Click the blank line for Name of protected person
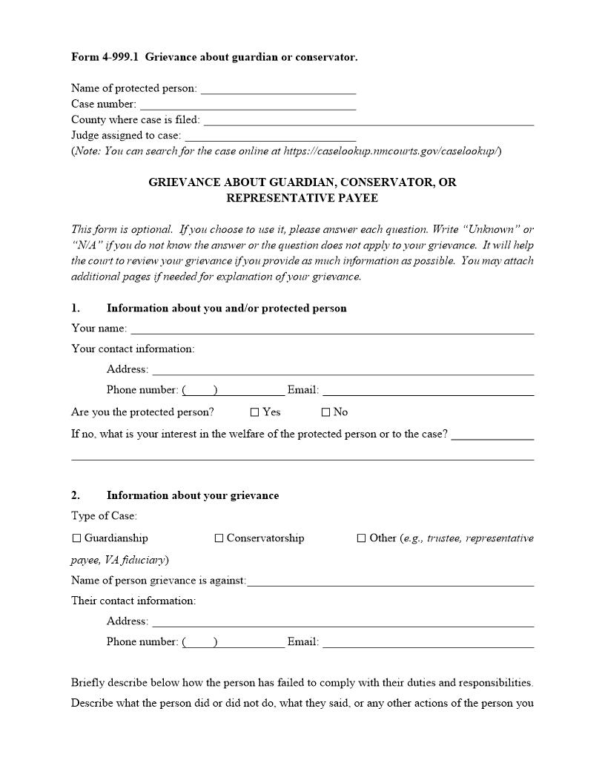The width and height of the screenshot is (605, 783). (x=278, y=89)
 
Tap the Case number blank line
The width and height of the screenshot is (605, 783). (x=248, y=105)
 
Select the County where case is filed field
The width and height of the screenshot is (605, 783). (x=368, y=120)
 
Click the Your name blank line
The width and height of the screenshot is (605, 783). (x=332, y=328)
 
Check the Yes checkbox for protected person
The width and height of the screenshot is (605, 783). (x=255, y=412)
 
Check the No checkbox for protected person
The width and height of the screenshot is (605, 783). (x=325, y=412)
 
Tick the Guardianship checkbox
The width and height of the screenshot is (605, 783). (x=76, y=538)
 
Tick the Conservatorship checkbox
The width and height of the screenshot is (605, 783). (x=219, y=538)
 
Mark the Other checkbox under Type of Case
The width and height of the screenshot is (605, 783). (x=362, y=538)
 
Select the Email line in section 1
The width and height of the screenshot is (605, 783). (x=428, y=390)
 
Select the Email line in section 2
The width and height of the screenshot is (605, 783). (x=428, y=642)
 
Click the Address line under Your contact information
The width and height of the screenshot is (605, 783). (x=343, y=369)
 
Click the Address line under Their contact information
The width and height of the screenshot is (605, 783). (x=343, y=621)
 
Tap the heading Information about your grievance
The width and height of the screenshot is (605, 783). (x=193, y=495)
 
